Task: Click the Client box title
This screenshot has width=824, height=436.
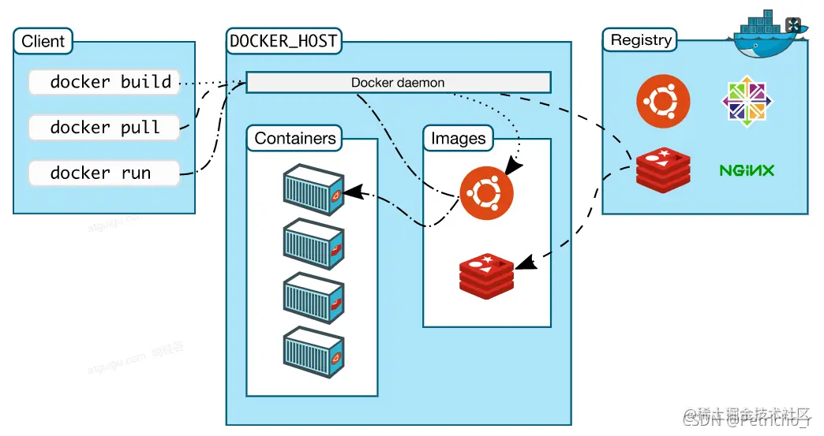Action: [x=43, y=42]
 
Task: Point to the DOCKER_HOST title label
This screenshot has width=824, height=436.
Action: [x=283, y=41]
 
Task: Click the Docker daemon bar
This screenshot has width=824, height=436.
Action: [x=398, y=83]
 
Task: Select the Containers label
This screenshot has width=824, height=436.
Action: [x=295, y=139]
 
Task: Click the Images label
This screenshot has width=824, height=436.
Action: [x=459, y=139]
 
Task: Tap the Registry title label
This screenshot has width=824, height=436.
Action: [x=641, y=40]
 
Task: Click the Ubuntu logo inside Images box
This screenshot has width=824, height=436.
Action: [x=487, y=193]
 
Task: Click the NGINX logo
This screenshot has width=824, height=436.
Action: [x=747, y=170]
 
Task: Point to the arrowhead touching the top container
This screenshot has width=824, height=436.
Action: [x=352, y=192]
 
